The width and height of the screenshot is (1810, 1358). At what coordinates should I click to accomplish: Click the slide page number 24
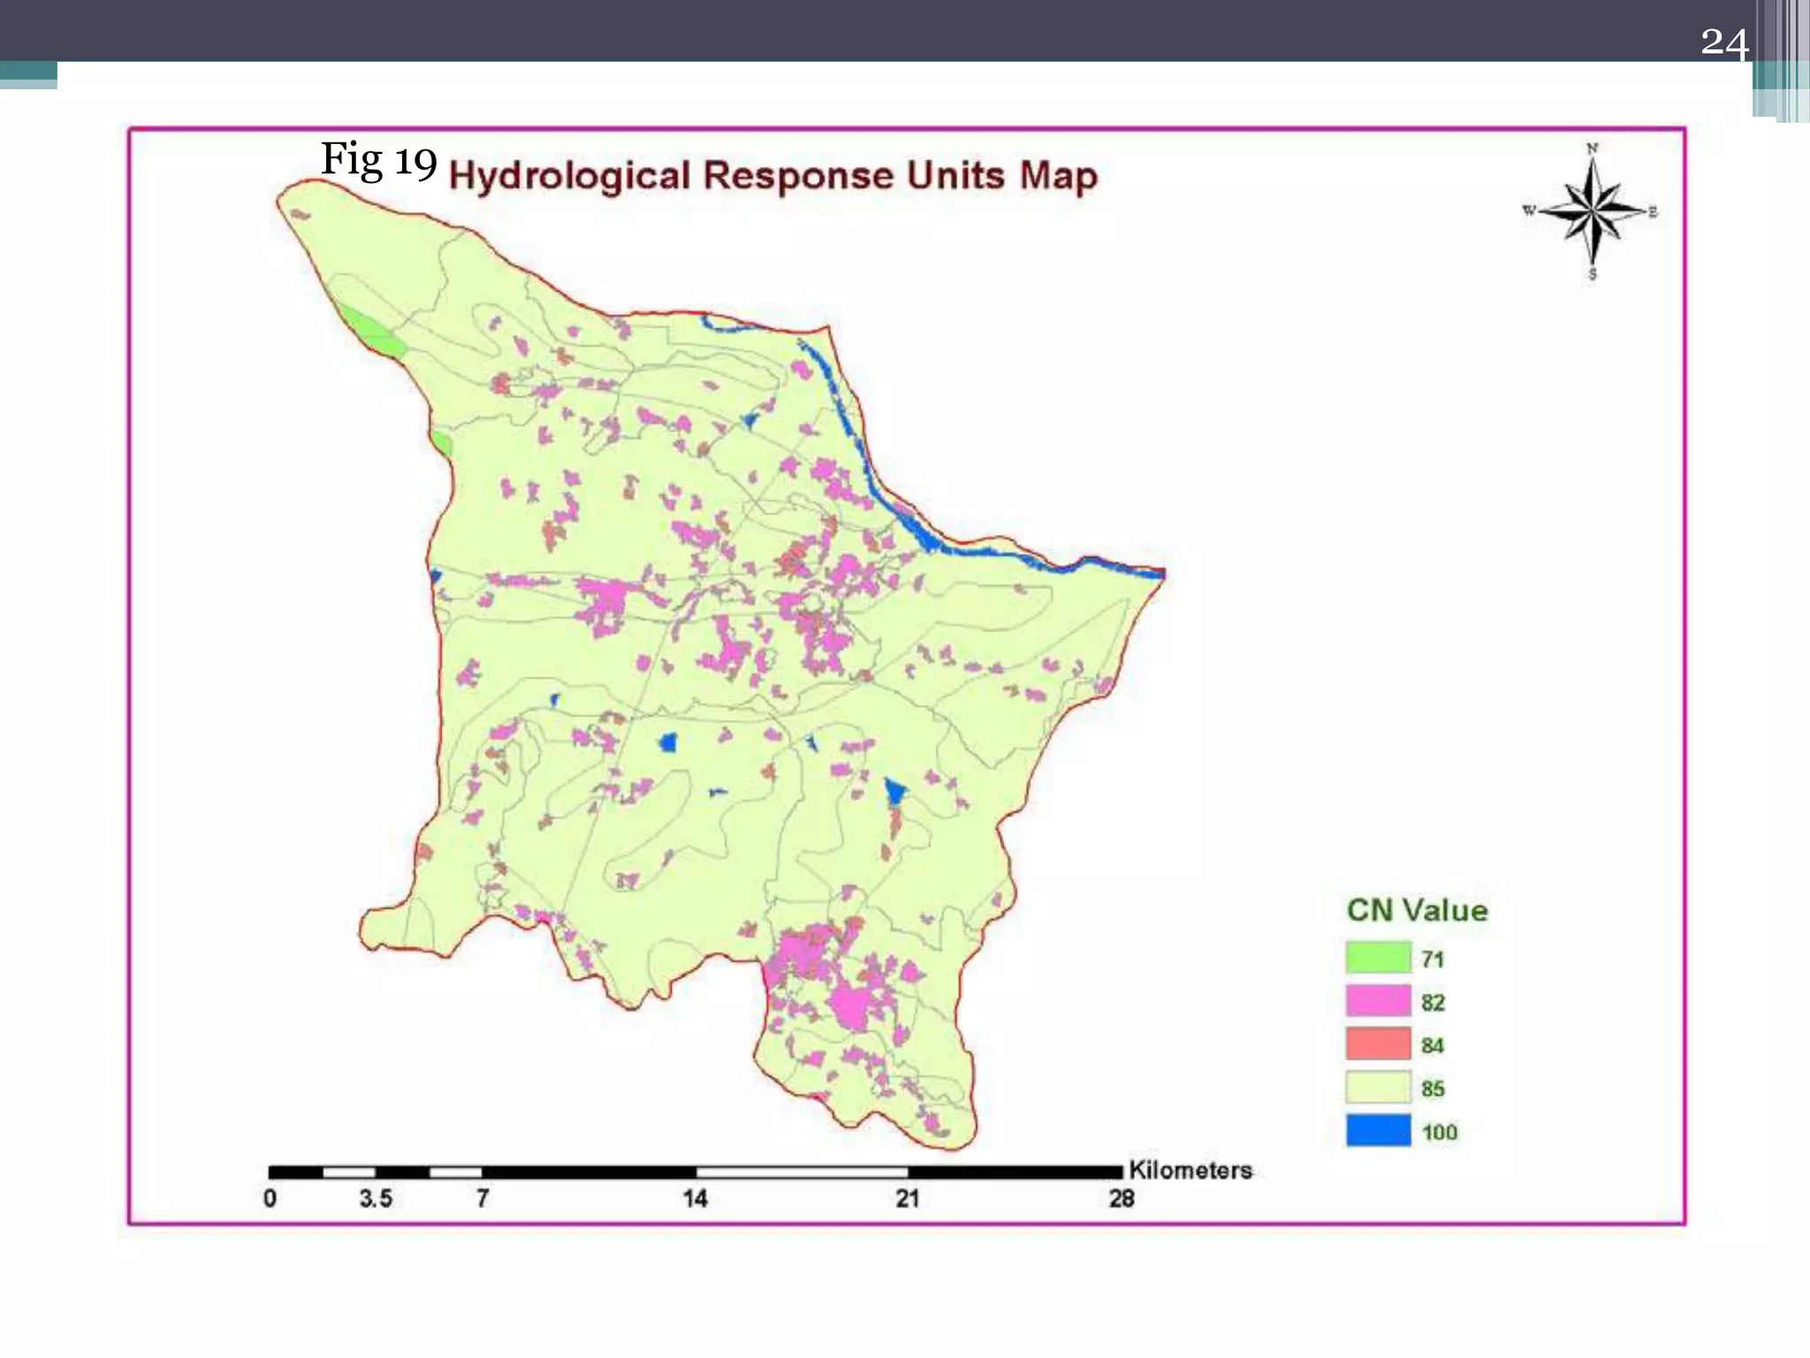pos(1724,43)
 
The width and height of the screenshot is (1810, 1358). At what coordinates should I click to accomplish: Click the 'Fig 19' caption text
pos(378,161)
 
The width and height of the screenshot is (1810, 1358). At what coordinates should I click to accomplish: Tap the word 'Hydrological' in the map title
pos(569,176)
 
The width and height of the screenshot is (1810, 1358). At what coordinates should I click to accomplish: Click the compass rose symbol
pos(1592,212)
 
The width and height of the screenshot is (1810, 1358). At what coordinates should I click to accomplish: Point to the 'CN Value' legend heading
pos(1417,911)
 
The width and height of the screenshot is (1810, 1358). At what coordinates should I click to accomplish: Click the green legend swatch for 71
pos(1378,957)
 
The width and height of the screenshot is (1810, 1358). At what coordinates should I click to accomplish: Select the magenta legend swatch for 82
pos(1378,1001)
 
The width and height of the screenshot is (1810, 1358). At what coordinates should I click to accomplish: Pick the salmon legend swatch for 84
pos(1378,1044)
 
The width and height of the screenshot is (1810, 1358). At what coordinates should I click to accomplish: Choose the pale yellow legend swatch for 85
pos(1378,1087)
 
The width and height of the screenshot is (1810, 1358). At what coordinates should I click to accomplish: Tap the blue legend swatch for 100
pos(1378,1131)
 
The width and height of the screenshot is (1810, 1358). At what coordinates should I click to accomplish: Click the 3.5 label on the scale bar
pos(376,1199)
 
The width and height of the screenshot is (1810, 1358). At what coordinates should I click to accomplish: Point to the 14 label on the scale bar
pos(696,1199)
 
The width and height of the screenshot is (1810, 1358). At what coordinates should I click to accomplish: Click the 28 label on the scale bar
pos(1122,1199)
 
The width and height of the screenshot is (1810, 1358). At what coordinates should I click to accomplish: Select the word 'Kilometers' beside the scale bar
pos(1190,1171)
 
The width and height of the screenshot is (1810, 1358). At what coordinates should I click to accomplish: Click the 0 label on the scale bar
pos(270,1199)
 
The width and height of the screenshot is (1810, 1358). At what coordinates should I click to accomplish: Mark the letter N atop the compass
pos(1592,149)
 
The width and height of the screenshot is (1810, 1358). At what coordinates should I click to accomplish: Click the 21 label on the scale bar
pos(909,1199)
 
